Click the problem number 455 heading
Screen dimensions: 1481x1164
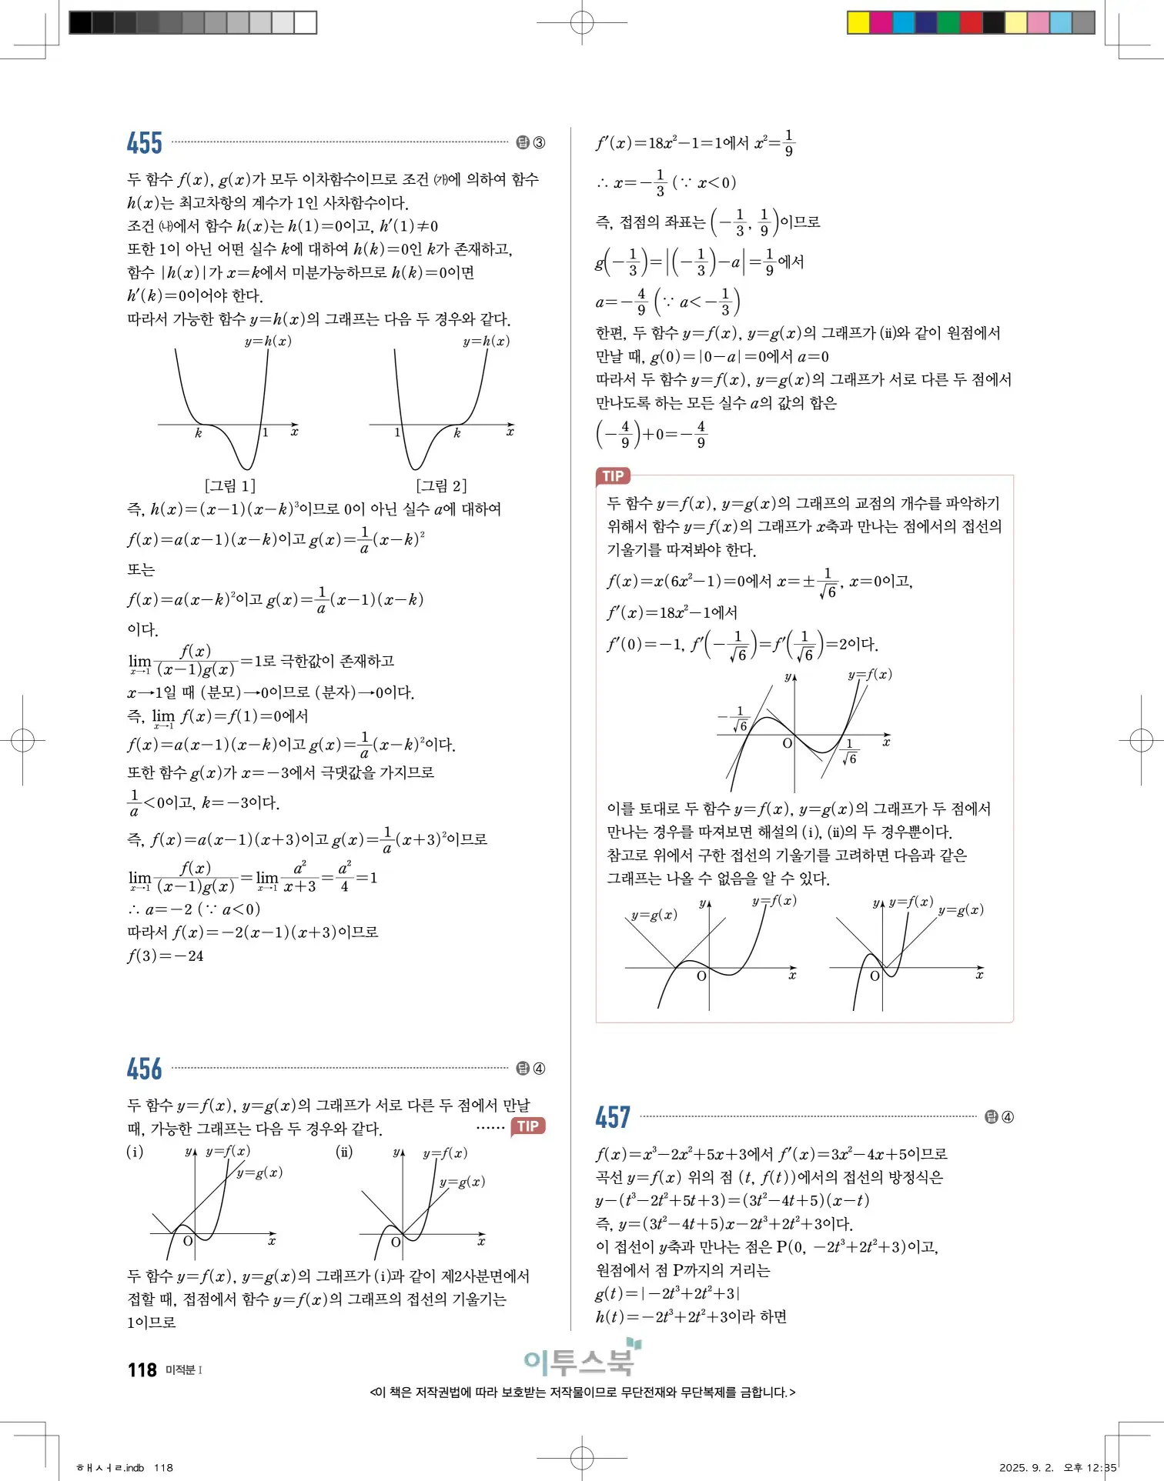pos(145,143)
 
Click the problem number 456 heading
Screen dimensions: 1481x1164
pos(145,1069)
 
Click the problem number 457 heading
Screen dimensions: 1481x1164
pos(613,1117)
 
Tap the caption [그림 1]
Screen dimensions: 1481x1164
pos(230,485)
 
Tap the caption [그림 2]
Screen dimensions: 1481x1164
pos(441,485)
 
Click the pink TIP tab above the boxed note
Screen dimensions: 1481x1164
pos(613,475)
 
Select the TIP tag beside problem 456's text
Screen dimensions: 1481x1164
pos(528,1126)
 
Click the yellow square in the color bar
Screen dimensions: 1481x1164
pos(858,22)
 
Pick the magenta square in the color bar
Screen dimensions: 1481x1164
pos(881,22)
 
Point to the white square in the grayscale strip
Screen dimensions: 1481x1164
pos(306,22)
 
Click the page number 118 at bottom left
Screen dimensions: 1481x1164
pos(142,1370)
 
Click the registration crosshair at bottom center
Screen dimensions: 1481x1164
pos(582,1456)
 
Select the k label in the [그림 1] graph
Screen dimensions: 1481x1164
pos(198,433)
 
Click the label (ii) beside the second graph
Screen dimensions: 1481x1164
pos(344,1152)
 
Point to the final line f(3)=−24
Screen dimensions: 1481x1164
pos(166,956)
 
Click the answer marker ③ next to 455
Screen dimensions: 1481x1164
pos(539,143)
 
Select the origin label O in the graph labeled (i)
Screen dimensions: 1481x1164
pos(188,1241)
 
